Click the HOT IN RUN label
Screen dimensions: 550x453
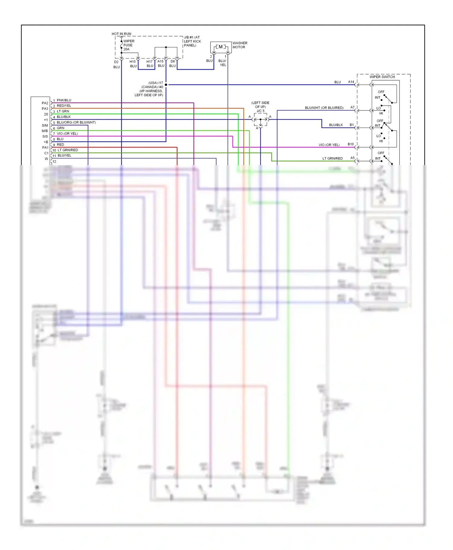(121, 34)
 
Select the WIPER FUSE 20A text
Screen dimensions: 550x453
(128, 45)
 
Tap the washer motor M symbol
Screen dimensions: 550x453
(221, 47)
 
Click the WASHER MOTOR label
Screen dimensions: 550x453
(240, 45)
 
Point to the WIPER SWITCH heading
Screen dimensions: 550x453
(382, 77)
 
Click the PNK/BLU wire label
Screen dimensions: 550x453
(64, 100)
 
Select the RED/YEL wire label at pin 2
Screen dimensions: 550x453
(64, 106)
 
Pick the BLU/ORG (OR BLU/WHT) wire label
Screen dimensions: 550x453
(76, 122)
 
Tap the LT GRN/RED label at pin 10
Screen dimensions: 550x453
(68, 150)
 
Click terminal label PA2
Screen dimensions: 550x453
(45, 103)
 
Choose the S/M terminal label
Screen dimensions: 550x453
(45, 126)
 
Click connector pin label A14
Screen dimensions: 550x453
(351, 82)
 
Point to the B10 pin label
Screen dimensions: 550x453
(351, 144)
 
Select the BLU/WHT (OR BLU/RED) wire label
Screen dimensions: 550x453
(324, 108)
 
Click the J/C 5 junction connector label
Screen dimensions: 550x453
(260, 111)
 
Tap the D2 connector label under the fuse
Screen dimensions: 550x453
(116, 62)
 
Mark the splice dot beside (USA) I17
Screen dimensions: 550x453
(166, 85)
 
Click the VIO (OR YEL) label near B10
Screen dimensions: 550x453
(329, 145)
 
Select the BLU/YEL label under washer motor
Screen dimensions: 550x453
(223, 63)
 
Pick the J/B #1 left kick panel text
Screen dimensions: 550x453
(192, 41)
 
